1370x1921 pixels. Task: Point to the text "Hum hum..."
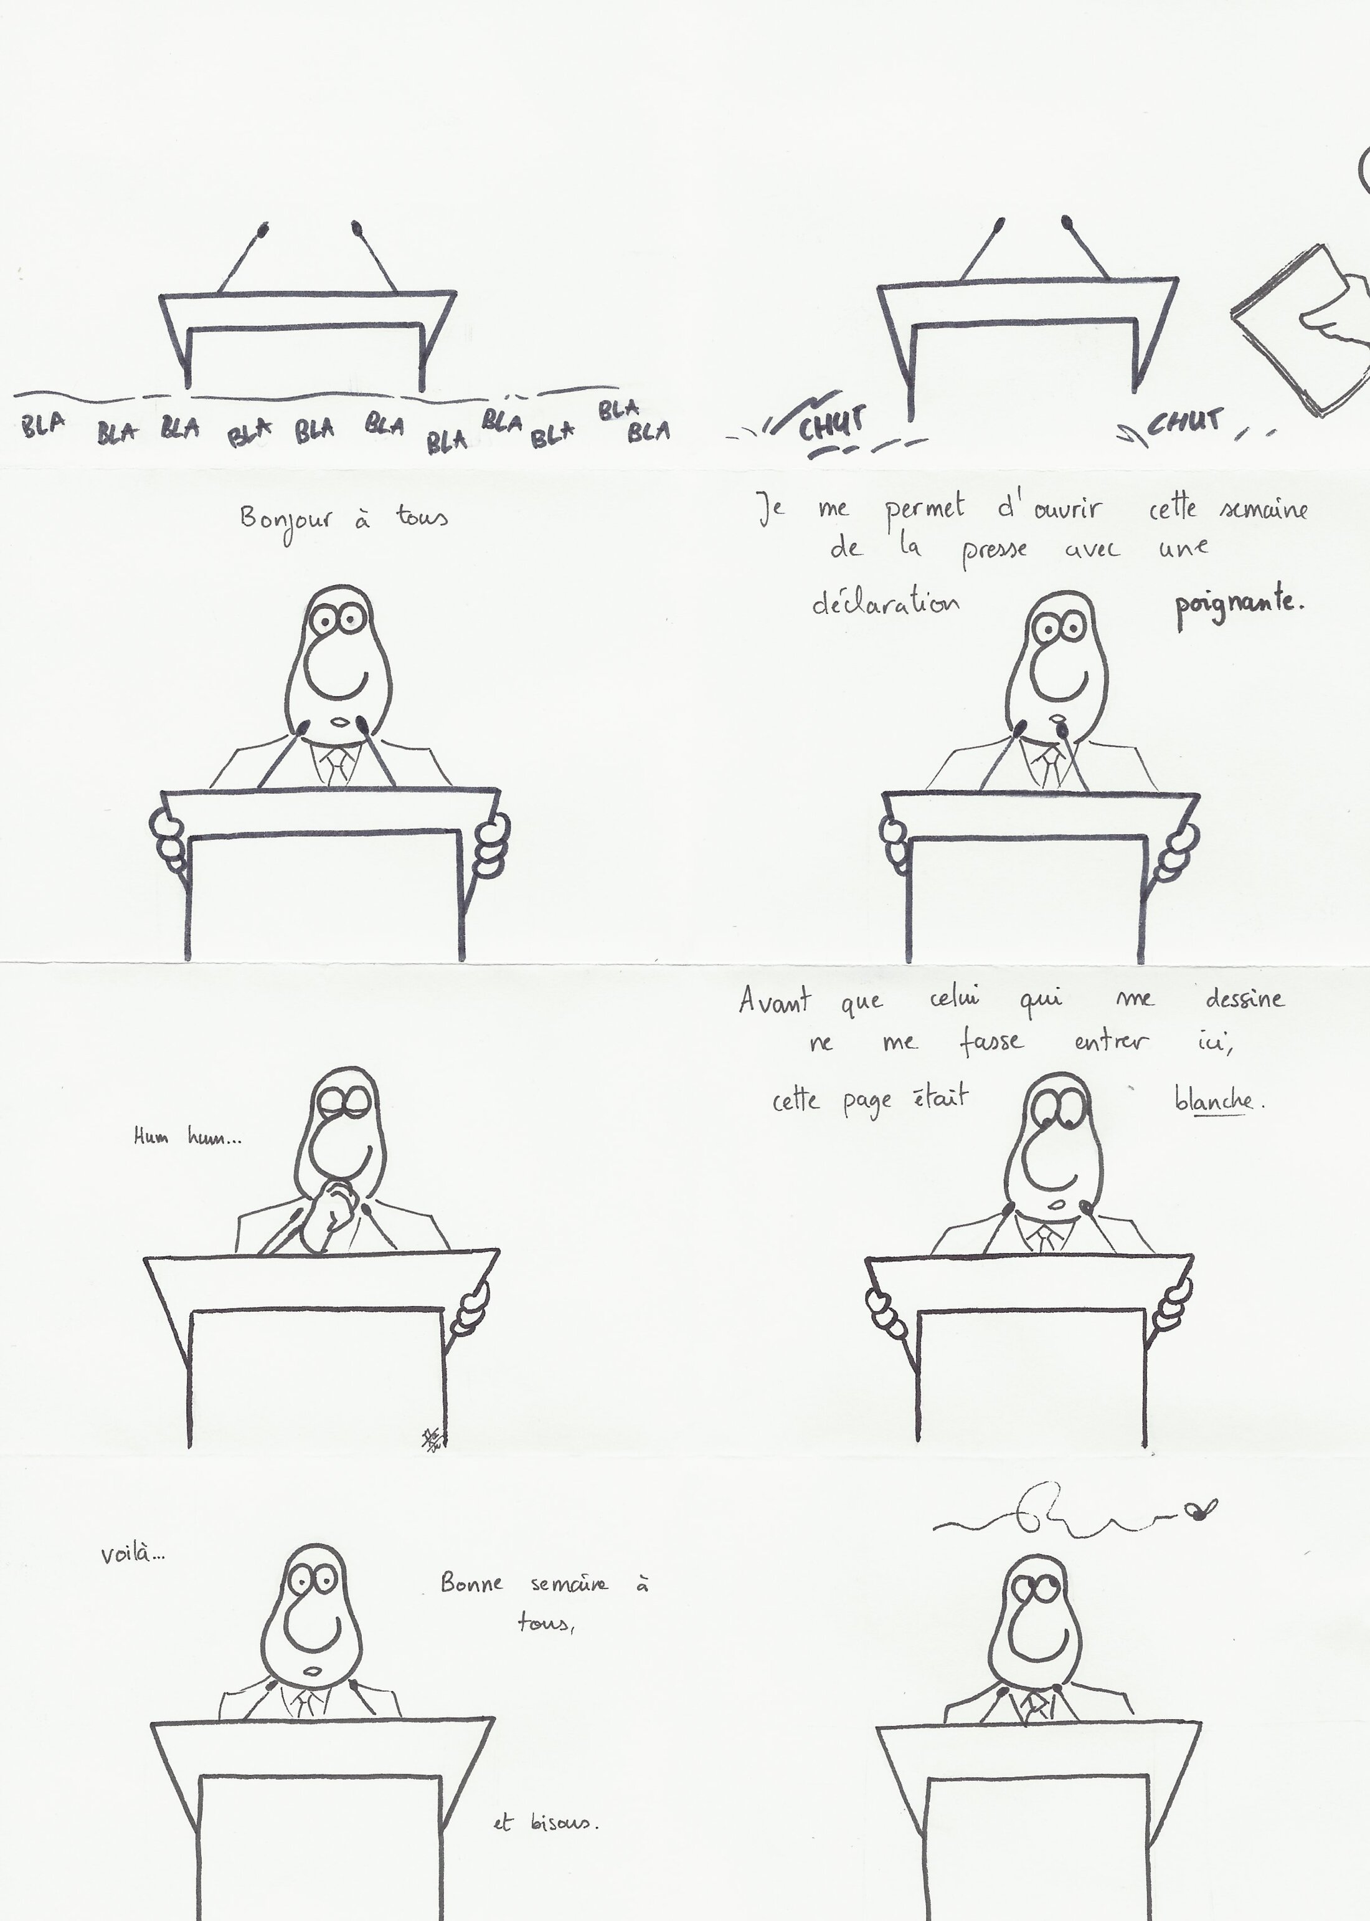(187, 1137)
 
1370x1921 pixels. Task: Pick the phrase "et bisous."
(546, 1823)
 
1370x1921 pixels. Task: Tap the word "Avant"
(775, 999)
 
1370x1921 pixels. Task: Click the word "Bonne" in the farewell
(471, 1583)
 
